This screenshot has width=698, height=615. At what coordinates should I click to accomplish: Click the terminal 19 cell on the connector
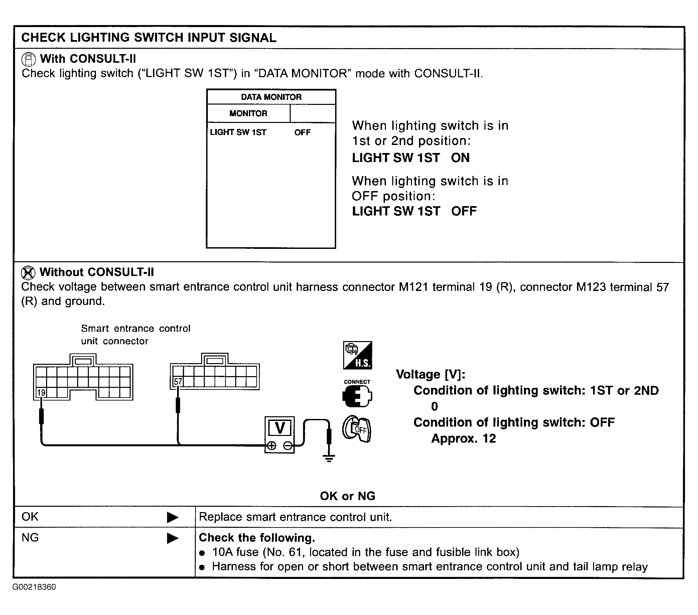pos(41,393)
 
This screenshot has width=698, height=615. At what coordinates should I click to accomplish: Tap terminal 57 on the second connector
pos(178,381)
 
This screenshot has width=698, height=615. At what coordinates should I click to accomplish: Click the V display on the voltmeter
pos(280,428)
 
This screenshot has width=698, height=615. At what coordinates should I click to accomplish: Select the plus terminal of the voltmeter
pos(272,445)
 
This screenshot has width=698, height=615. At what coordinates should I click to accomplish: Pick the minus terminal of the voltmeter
pos(288,445)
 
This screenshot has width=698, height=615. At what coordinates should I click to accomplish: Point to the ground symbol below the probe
pos(329,458)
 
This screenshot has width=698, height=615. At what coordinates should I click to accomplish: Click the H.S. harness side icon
pos(358,355)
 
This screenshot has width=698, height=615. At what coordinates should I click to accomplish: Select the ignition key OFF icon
pos(357,429)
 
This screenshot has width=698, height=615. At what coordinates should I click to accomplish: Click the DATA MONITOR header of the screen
pos(271,97)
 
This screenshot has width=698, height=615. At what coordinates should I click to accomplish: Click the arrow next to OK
pos(172,517)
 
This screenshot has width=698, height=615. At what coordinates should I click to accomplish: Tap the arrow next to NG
pos(172,538)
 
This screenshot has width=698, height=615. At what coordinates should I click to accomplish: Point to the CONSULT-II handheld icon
pos(28,59)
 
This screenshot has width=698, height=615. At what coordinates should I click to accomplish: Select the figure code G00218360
pos(34,587)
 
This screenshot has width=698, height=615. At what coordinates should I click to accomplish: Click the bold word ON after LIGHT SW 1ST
pos(460,158)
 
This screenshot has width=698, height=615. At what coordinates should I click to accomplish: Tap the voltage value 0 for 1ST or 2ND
pos(434,406)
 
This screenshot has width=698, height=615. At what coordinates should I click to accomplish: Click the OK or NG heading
pos(347,496)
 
